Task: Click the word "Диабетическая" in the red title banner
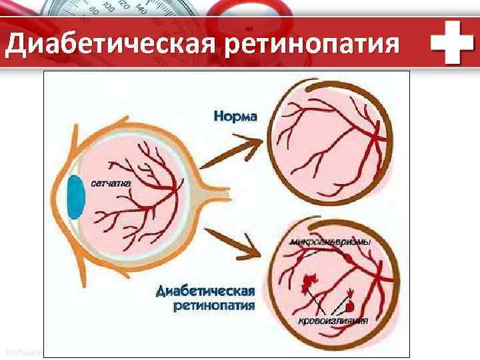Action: (x=111, y=45)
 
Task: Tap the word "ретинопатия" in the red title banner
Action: (x=313, y=45)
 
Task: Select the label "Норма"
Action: (x=235, y=117)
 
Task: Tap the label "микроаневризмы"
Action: (x=331, y=242)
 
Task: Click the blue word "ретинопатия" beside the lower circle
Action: (x=214, y=306)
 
